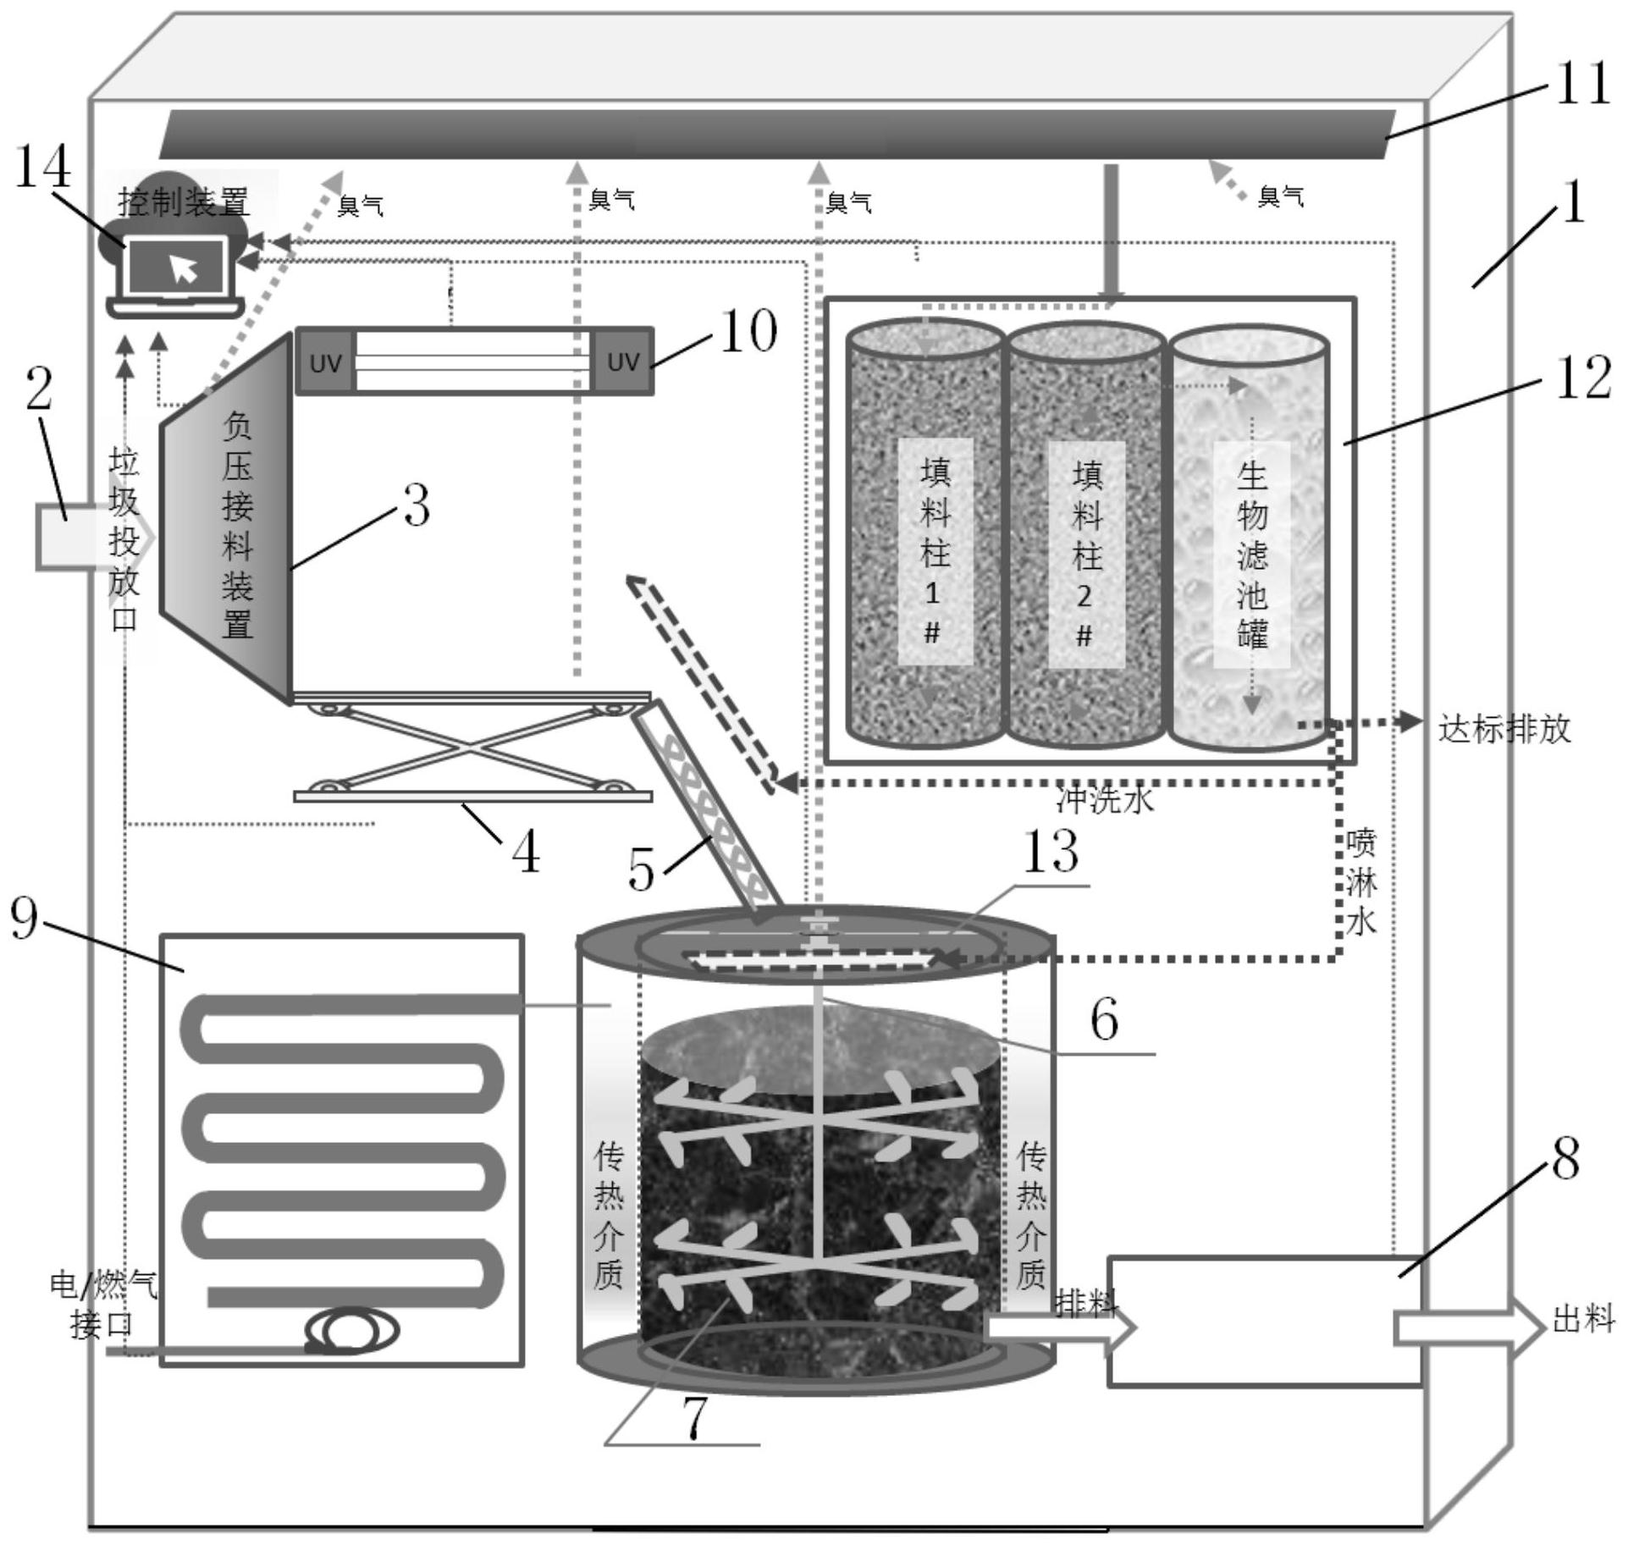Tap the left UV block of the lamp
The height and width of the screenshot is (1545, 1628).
point(324,362)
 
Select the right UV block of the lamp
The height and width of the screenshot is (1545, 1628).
point(622,362)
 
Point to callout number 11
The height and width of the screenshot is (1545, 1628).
point(1581,86)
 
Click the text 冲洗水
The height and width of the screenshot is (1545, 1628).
point(1105,799)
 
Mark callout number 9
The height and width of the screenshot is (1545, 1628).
point(24,918)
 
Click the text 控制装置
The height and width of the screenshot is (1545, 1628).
point(184,201)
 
